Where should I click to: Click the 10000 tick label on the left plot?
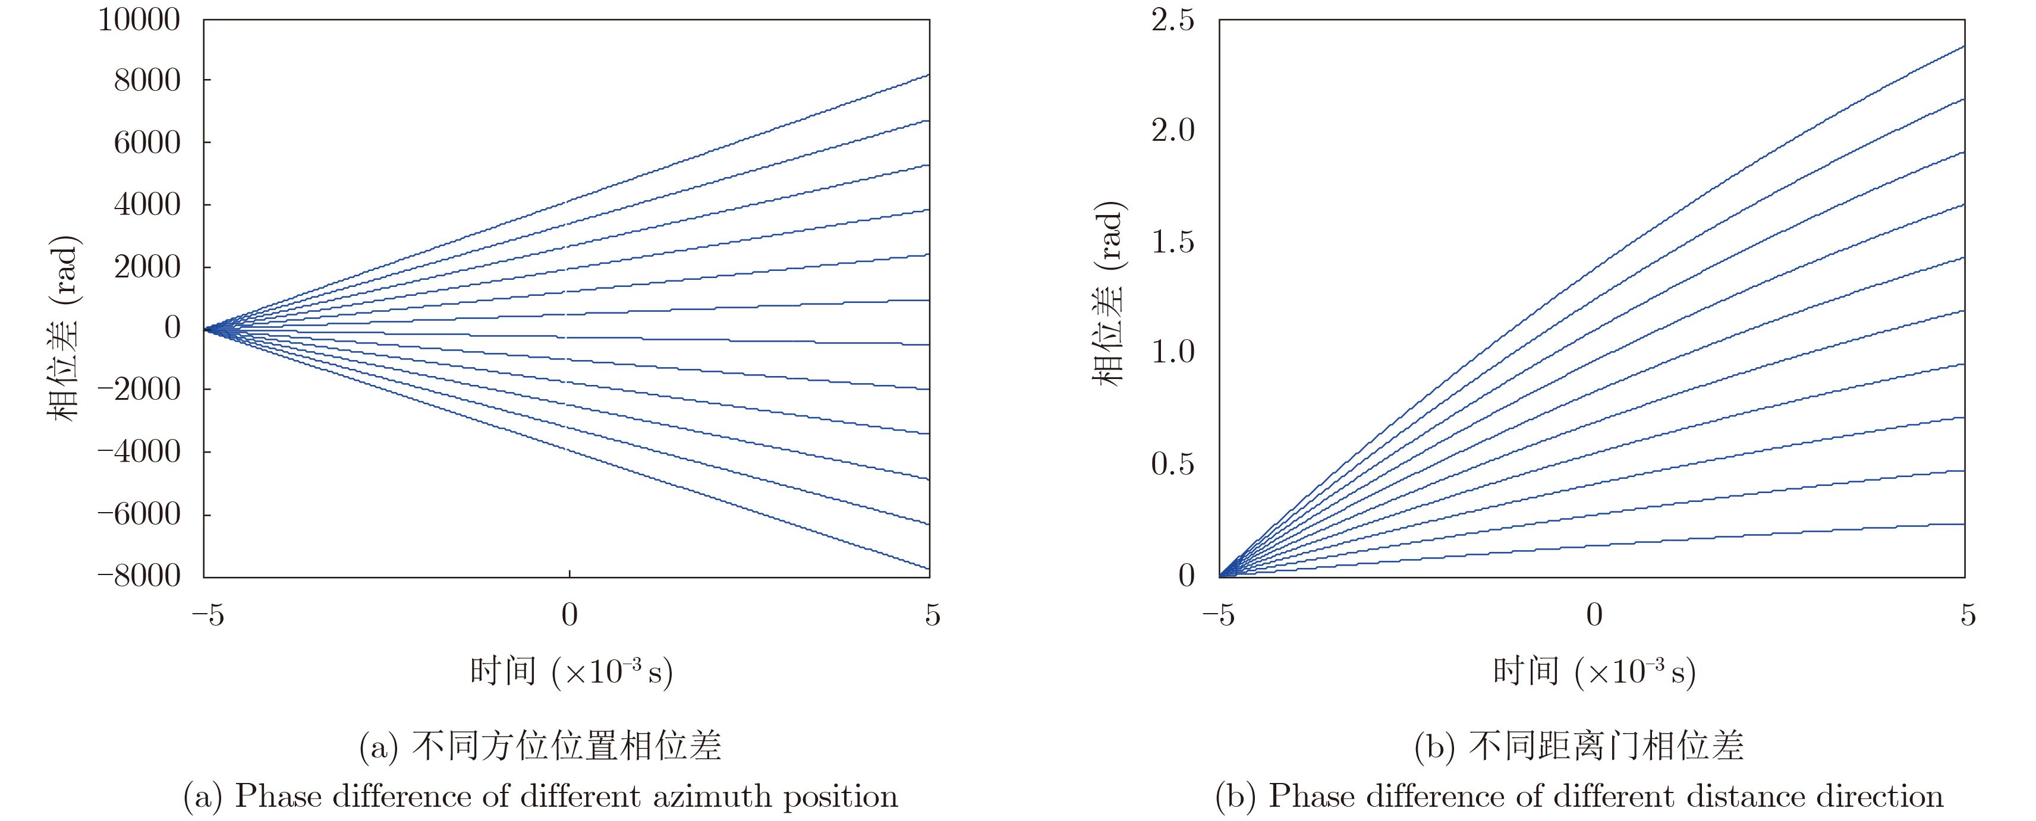(139, 20)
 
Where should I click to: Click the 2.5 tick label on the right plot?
(1172, 20)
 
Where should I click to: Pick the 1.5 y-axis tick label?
(1172, 242)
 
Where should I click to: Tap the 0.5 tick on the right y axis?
(1172, 464)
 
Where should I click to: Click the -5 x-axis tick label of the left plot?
(208, 615)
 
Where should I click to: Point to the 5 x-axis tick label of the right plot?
(1967, 615)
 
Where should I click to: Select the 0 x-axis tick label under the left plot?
(569, 615)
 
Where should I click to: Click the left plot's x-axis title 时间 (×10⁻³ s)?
(571, 672)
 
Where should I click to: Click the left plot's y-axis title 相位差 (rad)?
(63, 328)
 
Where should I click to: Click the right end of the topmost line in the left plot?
(928, 75)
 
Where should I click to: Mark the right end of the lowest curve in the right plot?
(1963, 524)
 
